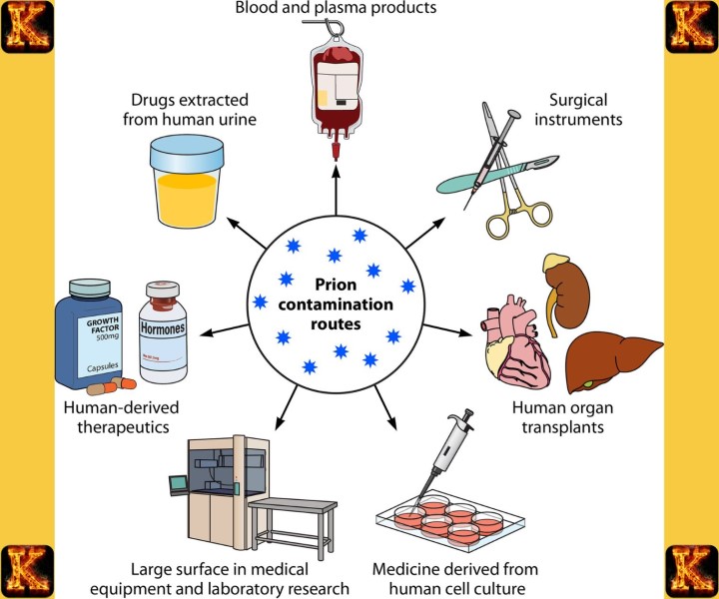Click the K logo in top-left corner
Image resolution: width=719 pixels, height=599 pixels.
27,27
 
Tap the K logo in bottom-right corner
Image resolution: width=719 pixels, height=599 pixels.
691,571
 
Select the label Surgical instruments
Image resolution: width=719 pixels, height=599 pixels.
586,110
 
